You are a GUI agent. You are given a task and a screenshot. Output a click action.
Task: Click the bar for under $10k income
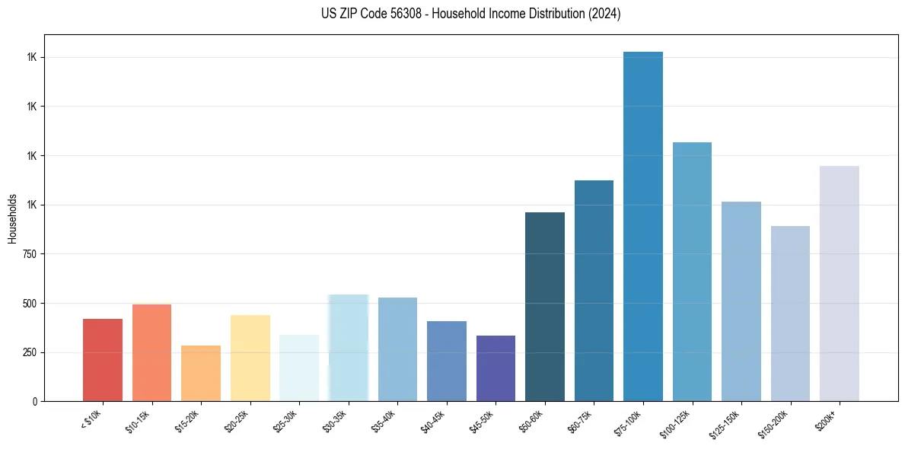pyautogui.click(x=103, y=360)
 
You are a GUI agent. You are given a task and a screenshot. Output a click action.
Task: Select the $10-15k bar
pyautogui.click(x=151, y=352)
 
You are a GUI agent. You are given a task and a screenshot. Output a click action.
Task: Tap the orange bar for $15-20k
pyautogui.click(x=201, y=373)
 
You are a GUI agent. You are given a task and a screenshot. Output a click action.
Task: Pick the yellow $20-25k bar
pyautogui.click(x=250, y=358)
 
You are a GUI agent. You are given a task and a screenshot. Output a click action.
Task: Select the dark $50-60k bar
pyautogui.click(x=544, y=307)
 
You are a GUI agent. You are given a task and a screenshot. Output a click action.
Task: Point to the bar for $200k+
pyautogui.click(x=839, y=283)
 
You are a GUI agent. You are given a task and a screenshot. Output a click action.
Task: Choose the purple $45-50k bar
pyautogui.click(x=496, y=368)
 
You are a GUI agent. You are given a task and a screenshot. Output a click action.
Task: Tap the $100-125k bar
pyautogui.click(x=692, y=272)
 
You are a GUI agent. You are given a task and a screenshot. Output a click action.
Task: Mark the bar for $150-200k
pyautogui.click(x=790, y=314)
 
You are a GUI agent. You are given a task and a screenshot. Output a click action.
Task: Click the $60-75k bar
pyautogui.click(x=594, y=291)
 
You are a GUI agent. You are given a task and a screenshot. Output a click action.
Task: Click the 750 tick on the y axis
pyautogui.click(x=30, y=254)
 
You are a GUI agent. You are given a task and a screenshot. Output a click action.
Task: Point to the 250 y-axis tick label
pyautogui.click(x=30, y=352)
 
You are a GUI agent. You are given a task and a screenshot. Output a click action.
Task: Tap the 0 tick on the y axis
pyautogui.click(x=35, y=401)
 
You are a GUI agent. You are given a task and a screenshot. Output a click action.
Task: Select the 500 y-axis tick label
pyautogui.click(x=30, y=303)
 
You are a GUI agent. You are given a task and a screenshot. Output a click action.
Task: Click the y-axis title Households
pyautogui.click(x=12, y=218)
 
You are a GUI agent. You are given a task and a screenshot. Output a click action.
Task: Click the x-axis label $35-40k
pyautogui.click(x=386, y=420)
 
